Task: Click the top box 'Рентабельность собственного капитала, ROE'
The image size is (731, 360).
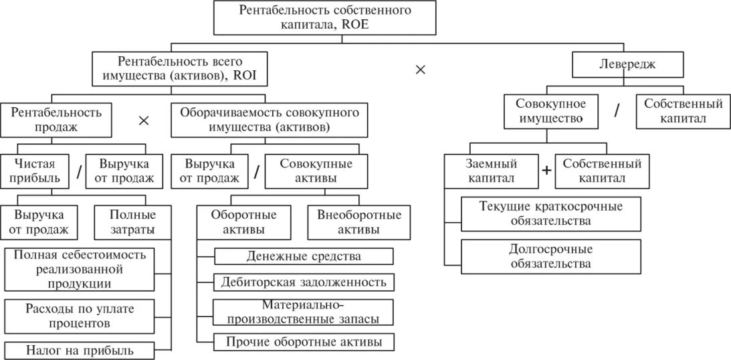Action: point(325,18)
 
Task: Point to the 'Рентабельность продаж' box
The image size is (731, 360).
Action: point(57,119)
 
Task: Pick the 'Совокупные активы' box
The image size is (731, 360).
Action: point(316,170)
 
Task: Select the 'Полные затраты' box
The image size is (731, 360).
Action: point(133,222)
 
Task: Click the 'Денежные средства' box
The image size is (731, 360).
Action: point(304,256)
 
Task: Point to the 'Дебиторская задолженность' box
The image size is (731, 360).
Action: point(304,282)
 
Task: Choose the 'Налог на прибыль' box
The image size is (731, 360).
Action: point(79,350)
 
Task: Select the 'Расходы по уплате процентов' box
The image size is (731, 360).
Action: point(79,315)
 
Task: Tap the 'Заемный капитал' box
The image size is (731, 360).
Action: point(492,171)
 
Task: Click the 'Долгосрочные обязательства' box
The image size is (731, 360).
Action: point(550,256)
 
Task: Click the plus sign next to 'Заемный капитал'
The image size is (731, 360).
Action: point(546,171)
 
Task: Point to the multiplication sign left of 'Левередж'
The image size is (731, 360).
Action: point(420,70)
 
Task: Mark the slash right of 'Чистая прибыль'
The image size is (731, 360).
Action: point(78,172)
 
